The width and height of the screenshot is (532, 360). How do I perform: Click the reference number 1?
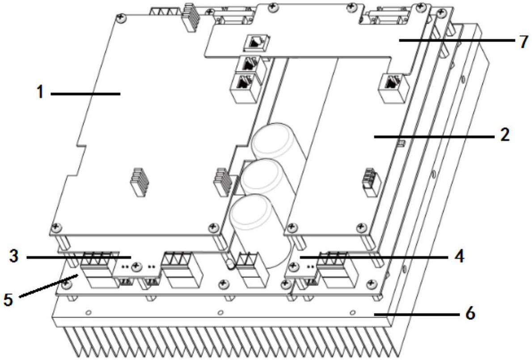tap(40, 92)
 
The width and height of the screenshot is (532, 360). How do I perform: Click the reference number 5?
tap(8, 300)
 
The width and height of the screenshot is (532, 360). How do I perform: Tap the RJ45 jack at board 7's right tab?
tap(392, 87)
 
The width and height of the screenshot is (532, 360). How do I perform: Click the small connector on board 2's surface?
tap(372, 181)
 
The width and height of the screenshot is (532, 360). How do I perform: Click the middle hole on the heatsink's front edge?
tap(220, 312)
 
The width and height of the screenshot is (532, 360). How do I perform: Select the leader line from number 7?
tap(457, 40)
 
